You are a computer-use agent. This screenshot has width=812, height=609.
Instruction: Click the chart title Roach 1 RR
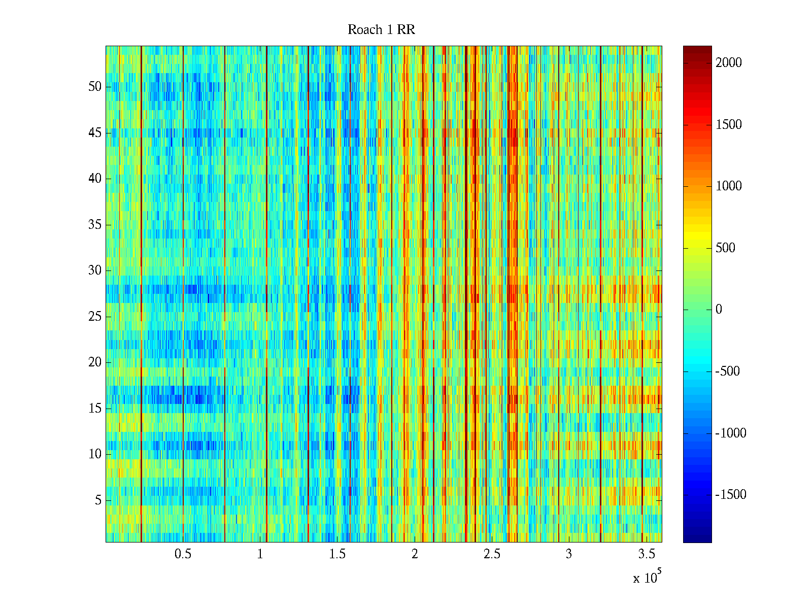click(381, 30)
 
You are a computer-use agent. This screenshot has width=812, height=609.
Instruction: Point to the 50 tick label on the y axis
click(95, 87)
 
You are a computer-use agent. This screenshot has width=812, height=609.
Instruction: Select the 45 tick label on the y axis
click(95, 133)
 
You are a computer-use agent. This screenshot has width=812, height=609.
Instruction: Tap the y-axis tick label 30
click(95, 270)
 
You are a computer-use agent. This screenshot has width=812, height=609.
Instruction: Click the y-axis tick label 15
click(95, 409)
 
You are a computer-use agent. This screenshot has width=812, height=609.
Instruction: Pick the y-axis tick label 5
click(98, 500)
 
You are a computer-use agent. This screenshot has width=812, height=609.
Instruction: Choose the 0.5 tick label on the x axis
click(183, 554)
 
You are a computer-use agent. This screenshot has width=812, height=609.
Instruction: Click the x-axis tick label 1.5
click(337, 554)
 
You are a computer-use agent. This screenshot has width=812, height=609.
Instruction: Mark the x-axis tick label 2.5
click(491, 554)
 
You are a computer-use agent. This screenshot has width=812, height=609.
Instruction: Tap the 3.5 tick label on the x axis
click(646, 554)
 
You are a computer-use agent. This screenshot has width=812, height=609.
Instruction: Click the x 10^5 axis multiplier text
click(647, 578)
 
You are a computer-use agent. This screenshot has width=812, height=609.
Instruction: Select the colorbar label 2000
click(728, 63)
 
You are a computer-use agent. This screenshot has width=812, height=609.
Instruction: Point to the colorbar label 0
click(719, 310)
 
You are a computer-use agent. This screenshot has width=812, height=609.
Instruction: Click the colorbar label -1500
click(730, 495)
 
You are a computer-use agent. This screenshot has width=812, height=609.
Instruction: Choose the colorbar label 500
click(725, 248)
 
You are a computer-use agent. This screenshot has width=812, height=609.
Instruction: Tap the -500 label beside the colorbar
click(727, 371)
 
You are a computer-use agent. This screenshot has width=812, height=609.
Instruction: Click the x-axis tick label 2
click(415, 554)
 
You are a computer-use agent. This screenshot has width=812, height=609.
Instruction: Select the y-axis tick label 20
click(95, 362)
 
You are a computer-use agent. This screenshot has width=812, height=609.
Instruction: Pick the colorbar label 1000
click(728, 186)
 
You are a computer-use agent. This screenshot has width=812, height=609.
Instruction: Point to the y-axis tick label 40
click(95, 179)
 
